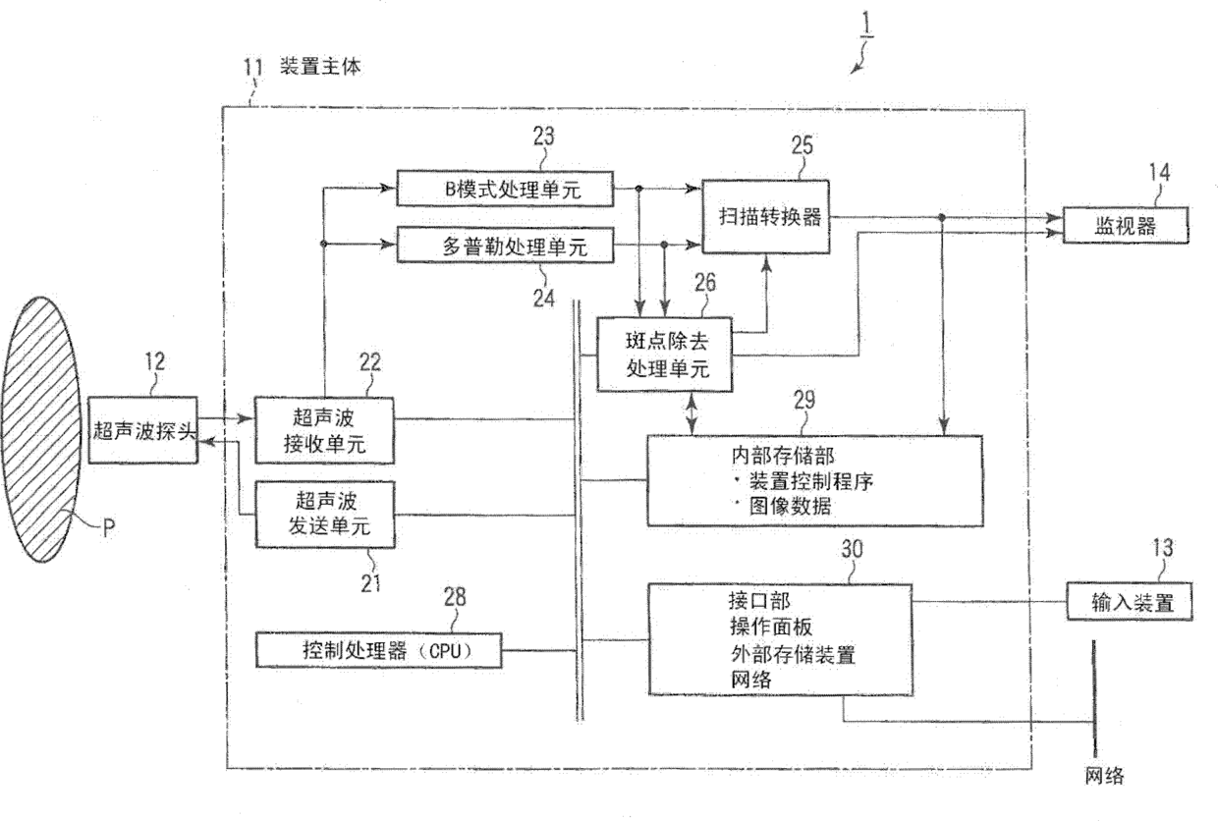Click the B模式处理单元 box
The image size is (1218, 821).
click(505, 190)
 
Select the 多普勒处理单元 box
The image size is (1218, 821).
click(505, 246)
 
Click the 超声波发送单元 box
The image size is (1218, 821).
click(324, 514)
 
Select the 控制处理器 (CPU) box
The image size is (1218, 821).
click(379, 648)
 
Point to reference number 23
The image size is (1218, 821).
click(543, 137)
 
